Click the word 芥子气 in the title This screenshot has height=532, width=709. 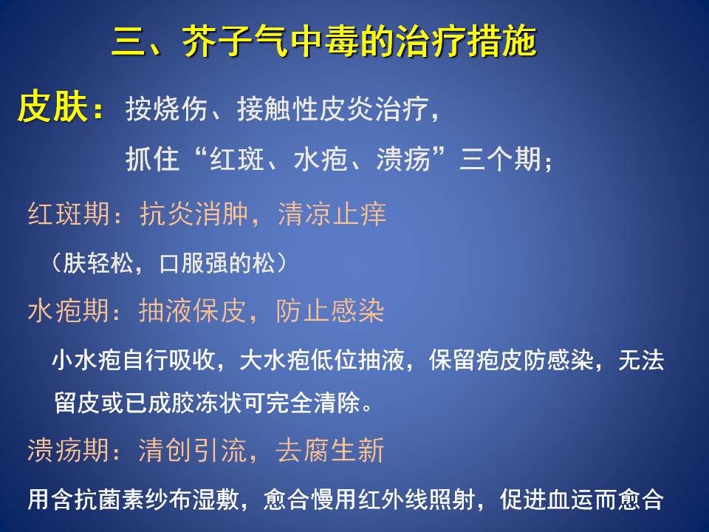pyautogui.click(x=235, y=41)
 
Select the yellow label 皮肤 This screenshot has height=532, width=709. pyautogui.click(x=52, y=106)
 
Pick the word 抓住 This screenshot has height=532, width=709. pyautogui.click(x=152, y=159)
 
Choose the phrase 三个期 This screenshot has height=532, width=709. pyautogui.click(x=500, y=159)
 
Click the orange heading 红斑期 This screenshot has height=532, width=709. pyautogui.click(x=69, y=214)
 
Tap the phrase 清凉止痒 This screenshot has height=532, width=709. pyautogui.click(x=332, y=214)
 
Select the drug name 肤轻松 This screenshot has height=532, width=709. pyautogui.click(x=97, y=263)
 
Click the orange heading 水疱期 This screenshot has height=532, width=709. pyautogui.click(x=68, y=311)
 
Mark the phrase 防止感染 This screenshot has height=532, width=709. pyautogui.click(x=330, y=311)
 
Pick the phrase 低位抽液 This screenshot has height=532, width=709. pyautogui.click(x=357, y=361)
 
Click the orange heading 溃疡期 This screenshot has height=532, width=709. pyautogui.click(x=68, y=450)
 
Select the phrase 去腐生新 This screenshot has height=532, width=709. pyautogui.click(x=330, y=450)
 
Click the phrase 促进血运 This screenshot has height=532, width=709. pyautogui.click(x=547, y=499)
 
